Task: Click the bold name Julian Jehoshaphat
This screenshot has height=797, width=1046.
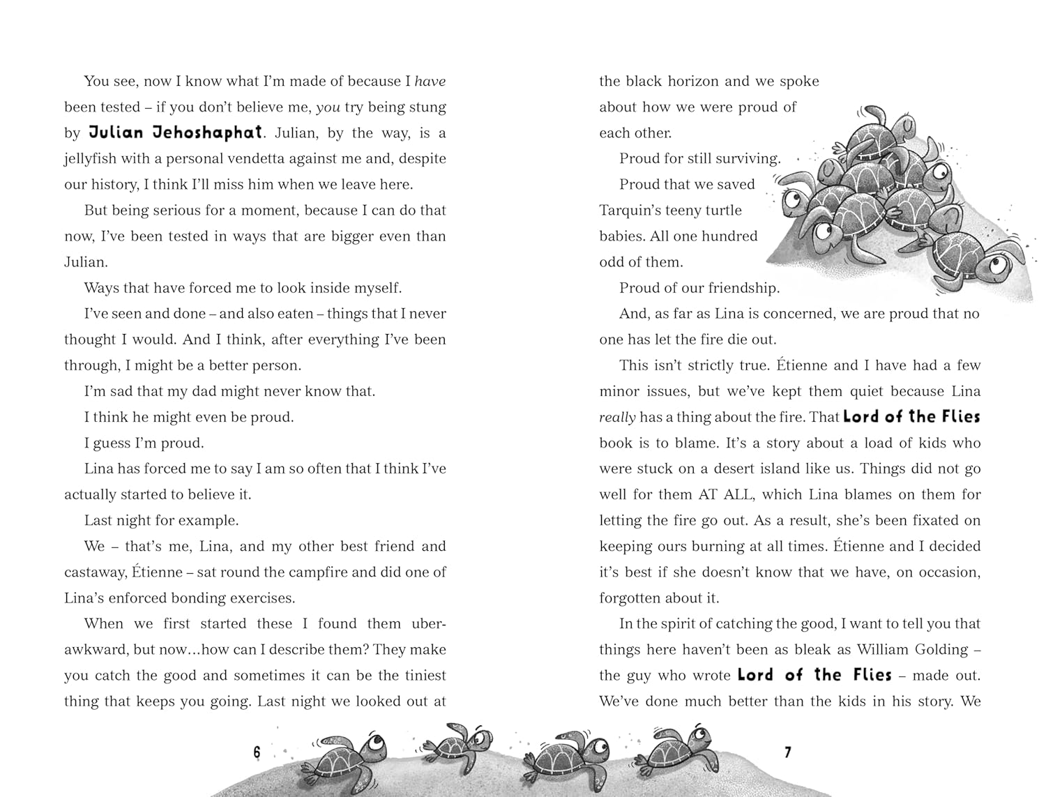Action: [176, 132]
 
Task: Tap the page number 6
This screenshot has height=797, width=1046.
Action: [257, 752]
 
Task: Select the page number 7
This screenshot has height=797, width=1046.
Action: [788, 752]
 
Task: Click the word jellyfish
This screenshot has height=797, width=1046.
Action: [90, 159]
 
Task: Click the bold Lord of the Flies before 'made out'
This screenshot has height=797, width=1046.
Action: [814, 675]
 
